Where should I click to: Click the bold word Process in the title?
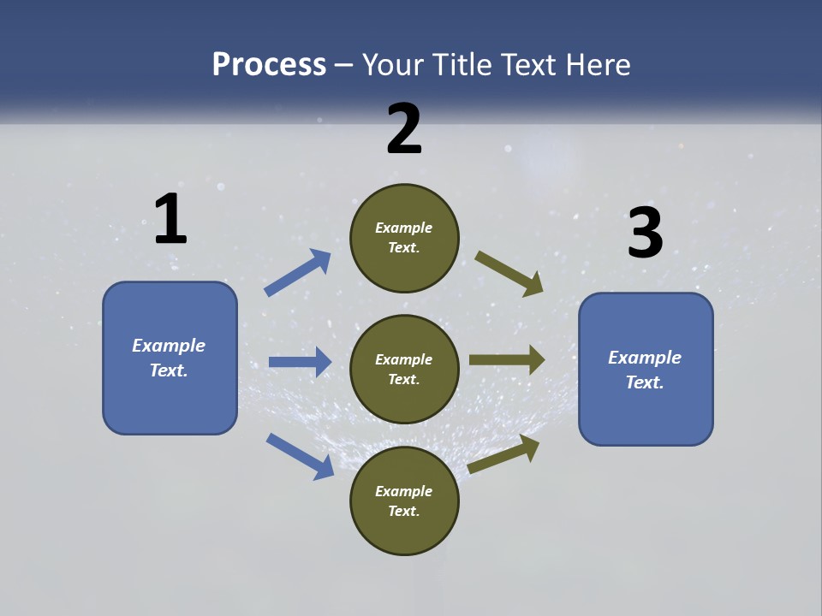(x=269, y=65)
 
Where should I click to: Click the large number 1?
(x=170, y=219)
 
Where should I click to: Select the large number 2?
(x=404, y=129)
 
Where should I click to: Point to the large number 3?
(x=645, y=234)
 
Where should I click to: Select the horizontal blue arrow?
(x=300, y=362)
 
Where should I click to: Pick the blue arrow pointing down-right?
(x=300, y=456)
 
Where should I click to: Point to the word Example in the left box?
(x=169, y=346)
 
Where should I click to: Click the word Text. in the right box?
(x=645, y=382)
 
